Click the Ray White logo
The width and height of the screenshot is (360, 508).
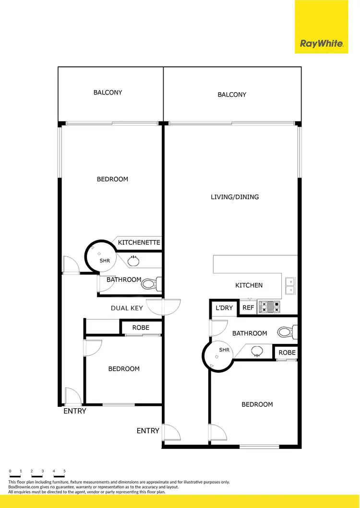pos(322,44)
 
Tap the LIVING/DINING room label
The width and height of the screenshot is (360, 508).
pos(235,197)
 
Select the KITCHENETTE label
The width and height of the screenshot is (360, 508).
pos(139,243)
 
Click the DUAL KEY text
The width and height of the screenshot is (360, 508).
pos(127,308)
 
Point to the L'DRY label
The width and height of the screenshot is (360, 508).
pos(224,308)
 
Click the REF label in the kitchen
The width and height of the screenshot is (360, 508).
pos(248,308)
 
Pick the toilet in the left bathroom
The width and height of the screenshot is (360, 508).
pos(151,284)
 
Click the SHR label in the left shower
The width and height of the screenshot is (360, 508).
pos(105,260)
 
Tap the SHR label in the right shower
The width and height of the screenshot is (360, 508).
pos(224,350)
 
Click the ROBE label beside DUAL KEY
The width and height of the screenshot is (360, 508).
pos(141,328)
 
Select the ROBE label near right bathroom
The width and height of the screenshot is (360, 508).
pos(287,353)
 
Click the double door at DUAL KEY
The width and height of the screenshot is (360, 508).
pos(164,307)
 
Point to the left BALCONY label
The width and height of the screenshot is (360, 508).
pos(108,93)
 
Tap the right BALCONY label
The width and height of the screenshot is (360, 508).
pos(232,95)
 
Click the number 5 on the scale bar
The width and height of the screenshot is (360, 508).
pos(64,471)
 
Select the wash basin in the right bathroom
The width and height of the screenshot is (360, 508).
pos(258,354)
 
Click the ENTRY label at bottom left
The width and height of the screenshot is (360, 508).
pos(75,411)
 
